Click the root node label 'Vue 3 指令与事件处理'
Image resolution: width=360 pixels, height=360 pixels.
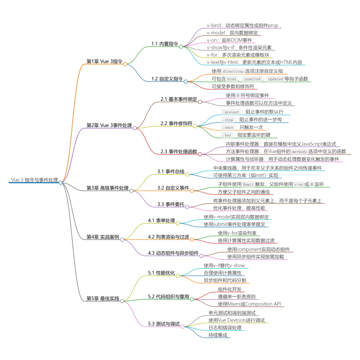(34, 180)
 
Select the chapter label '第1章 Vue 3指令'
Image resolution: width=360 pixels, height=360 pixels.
(104, 61)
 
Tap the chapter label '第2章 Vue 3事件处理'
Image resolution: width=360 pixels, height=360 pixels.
(109, 125)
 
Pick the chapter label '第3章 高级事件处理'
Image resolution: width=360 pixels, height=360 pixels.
(108, 188)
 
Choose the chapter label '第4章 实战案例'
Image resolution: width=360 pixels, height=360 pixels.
(103, 237)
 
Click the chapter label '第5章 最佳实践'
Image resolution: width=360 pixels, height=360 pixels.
(103, 298)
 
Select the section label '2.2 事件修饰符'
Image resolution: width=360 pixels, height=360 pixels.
(176, 123)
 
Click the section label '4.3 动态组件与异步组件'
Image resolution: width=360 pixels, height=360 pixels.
(173, 253)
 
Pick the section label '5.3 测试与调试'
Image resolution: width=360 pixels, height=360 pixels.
(164, 324)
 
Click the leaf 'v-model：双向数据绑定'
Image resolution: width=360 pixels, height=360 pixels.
(232, 33)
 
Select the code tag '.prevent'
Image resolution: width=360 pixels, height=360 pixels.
(231, 112)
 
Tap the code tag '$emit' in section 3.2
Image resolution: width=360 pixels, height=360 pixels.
(248, 184)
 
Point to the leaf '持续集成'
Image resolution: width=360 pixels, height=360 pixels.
(218, 335)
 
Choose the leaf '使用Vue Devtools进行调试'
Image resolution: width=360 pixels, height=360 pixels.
(236, 320)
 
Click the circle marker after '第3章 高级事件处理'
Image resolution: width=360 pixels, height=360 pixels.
(131, 191)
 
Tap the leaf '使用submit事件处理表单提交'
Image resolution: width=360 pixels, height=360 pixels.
(234, 224)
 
